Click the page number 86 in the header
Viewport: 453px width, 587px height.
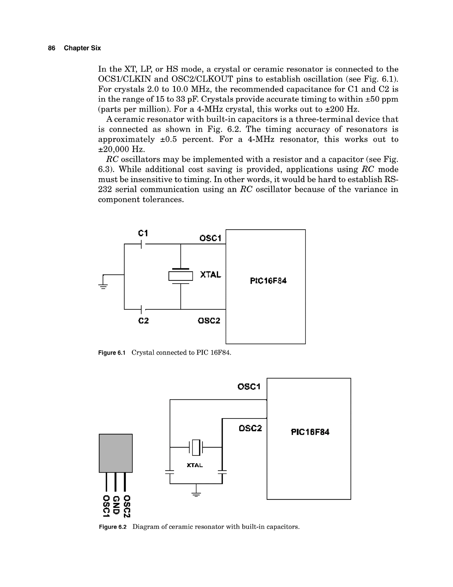52,48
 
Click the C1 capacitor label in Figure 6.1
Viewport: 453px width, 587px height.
143,233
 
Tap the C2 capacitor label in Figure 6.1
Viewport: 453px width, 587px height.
144,321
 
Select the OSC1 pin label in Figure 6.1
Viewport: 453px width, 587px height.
210,238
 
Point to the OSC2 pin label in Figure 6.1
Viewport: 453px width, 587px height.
209,321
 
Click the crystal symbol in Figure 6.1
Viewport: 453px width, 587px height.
181,276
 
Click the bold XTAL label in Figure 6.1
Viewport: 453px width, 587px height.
211,275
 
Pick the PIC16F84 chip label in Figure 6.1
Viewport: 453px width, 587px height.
268,281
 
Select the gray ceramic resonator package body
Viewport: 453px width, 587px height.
116,453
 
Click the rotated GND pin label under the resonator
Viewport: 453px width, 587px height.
116,505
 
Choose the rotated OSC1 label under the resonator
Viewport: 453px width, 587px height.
106,506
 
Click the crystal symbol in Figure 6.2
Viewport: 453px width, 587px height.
196,447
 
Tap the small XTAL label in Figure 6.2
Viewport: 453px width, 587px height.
195,465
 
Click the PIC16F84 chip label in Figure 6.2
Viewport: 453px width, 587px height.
310,432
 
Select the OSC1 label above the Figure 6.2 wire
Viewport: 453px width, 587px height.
249,387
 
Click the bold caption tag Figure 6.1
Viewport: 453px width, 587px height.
112,353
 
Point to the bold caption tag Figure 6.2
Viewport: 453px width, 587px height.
112,527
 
